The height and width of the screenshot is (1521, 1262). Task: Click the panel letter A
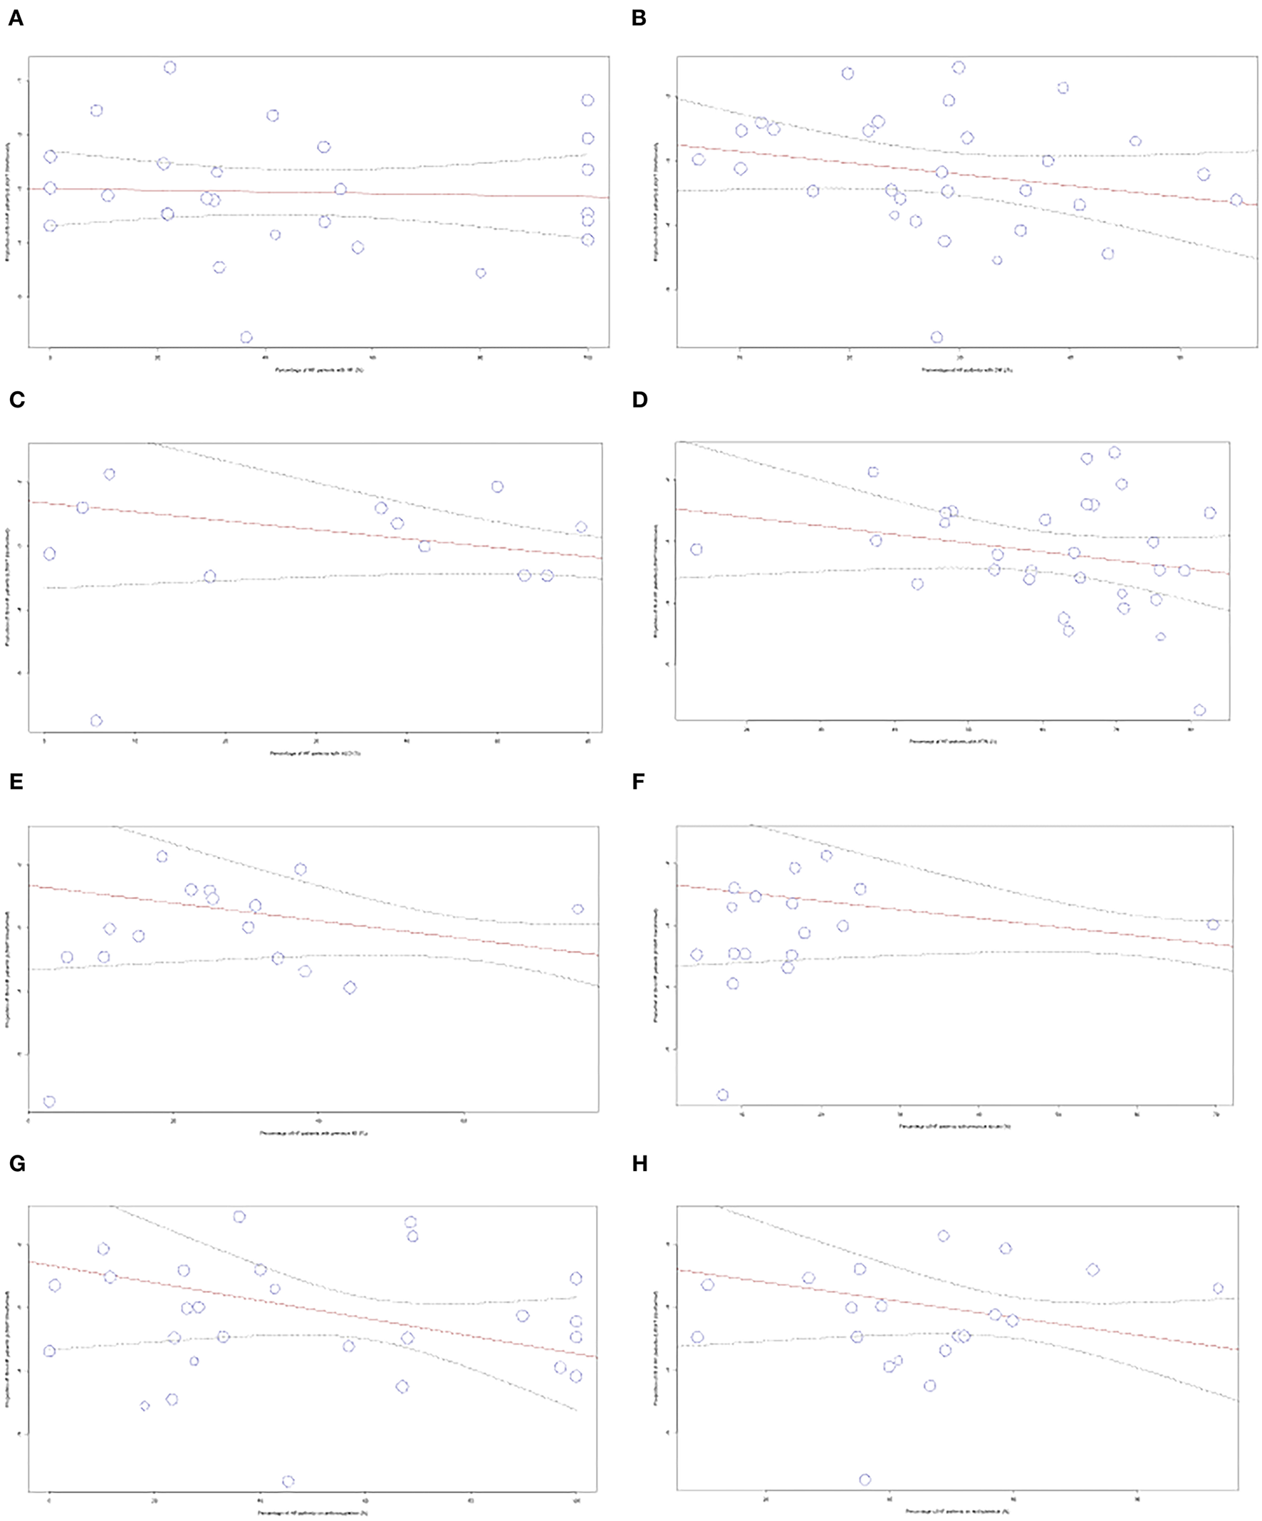pos(15,19)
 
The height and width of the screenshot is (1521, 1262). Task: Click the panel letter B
pos(639,19)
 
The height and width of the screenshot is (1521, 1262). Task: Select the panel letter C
pos(16,400)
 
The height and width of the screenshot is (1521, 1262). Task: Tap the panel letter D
pos(640,400)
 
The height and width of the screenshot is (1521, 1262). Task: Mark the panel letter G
pos(16,1163)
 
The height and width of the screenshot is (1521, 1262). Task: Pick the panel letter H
pos(640,1163)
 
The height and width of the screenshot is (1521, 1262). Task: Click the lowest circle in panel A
pos(246,338)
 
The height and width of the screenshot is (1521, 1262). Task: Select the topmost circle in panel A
pos(170,68)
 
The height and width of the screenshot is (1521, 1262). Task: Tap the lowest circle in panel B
pos(937,338)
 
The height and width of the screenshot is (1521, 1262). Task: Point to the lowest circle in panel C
pos(96,721)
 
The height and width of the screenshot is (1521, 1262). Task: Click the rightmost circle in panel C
pos(580,527)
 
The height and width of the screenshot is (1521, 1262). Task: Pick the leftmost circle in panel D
pos(697,550)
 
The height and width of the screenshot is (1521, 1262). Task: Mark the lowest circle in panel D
pos(1200,710)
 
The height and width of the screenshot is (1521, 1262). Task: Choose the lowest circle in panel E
pos(49,1101)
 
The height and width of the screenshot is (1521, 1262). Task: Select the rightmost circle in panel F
pos(1213,924)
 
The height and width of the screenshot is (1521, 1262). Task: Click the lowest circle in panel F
pos(723,1094)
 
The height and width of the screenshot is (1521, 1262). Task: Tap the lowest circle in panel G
pos(288,1481)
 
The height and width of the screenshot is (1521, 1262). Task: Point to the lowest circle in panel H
pos(865,1479)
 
